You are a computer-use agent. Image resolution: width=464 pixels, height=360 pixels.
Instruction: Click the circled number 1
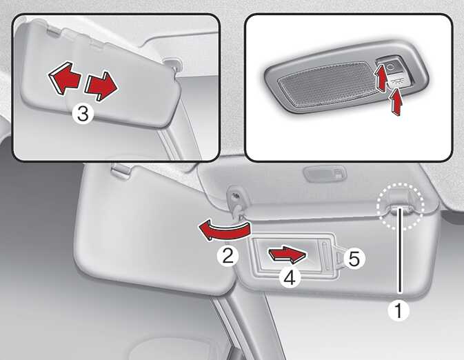pos(399,311)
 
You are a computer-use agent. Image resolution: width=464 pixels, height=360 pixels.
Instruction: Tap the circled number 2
pos(228,256)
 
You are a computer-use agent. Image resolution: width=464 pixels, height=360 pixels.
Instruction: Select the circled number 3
pos(83,114)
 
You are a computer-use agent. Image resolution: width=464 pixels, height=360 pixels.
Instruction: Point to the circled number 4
pos(290,278)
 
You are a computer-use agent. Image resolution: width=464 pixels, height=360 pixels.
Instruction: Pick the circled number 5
pos(354,259)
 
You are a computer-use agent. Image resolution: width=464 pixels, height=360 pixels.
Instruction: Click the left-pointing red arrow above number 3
pos(64,78)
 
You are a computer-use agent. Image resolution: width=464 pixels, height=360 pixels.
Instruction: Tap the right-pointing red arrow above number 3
pos(101,86)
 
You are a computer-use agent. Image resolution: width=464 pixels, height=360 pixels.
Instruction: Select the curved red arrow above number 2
pos(224,231)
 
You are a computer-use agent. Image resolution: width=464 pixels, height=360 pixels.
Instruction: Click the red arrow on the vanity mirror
pos(288,254)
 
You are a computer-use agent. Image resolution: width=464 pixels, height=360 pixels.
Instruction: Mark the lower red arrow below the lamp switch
pos(396,102)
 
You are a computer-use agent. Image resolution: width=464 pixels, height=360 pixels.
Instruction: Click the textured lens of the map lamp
pos(325,83)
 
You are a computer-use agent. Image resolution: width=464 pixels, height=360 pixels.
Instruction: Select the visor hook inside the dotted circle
pos(399,209)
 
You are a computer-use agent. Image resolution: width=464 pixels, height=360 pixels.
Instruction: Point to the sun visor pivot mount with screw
pos(235,199)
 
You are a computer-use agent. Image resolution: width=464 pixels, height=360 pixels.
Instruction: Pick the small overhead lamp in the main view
pos(325,173)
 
